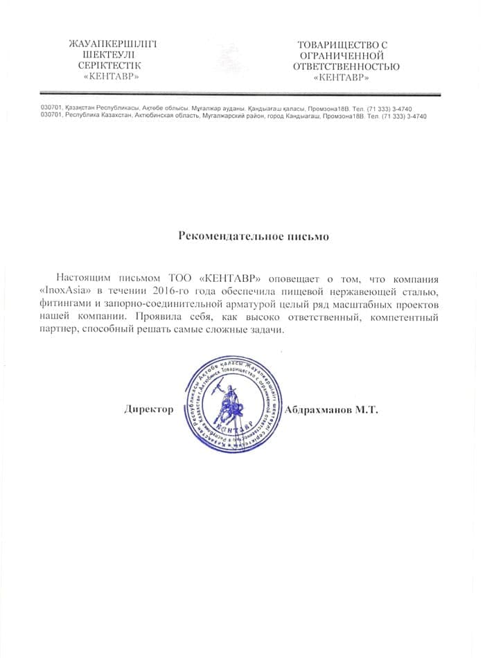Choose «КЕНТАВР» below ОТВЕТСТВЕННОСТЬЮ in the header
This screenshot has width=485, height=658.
click(342, 78)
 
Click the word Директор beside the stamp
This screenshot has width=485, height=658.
click(149, 410)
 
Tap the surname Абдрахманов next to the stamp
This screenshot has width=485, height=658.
click(324, 410)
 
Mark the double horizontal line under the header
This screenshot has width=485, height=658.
click(240, 94)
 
